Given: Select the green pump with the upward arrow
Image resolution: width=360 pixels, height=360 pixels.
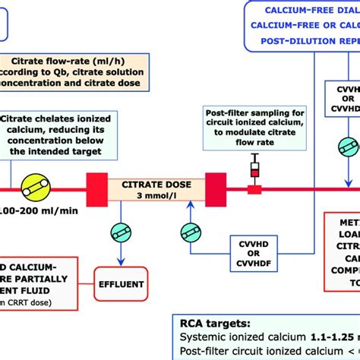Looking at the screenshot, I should tap(191, 231).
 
